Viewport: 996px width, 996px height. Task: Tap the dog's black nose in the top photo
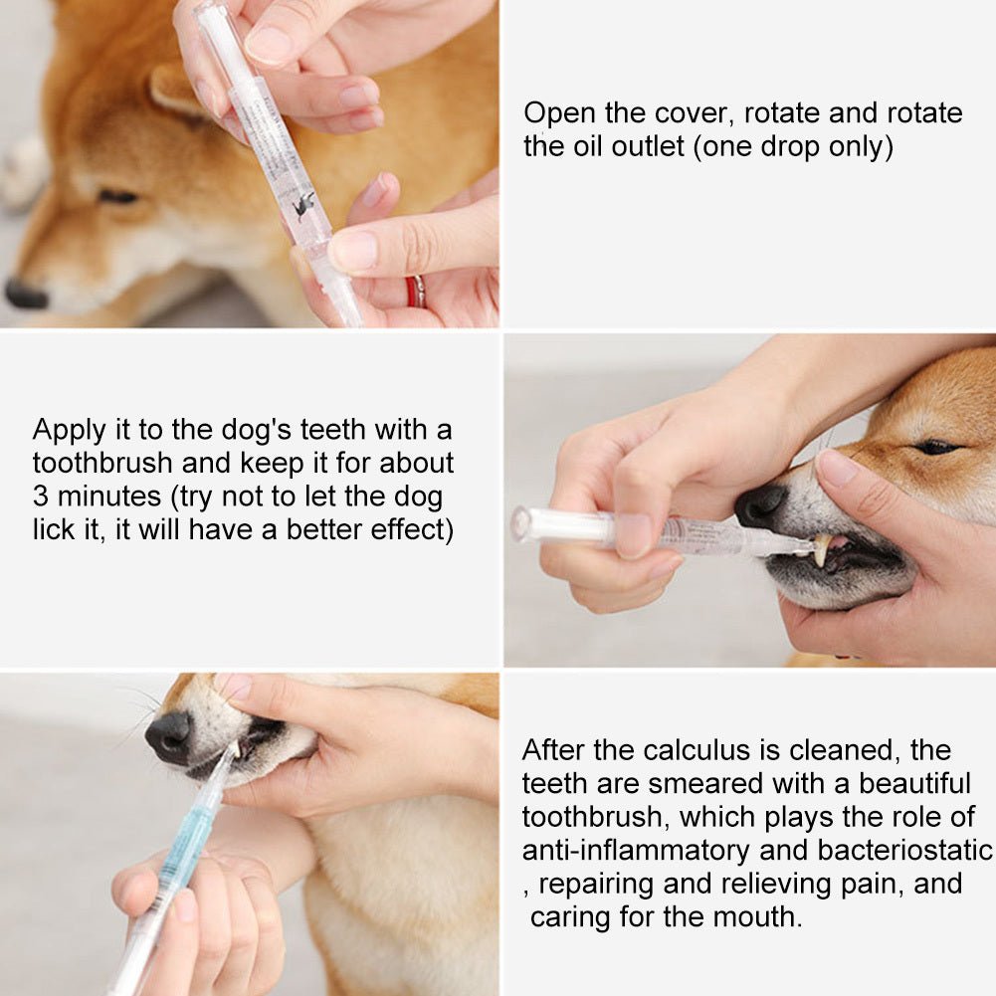pos(25,294)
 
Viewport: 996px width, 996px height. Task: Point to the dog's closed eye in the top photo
pos(118,196)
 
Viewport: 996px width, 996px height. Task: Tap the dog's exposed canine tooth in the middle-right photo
pos(823,549)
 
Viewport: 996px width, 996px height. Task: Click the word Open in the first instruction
pos(559,113)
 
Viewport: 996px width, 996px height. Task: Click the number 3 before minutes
pos(41,497)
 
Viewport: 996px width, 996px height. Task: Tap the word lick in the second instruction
pos(54,530)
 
